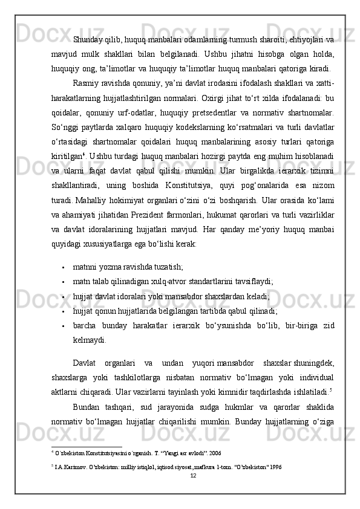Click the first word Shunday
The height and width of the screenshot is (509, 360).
tap(87, 41)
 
